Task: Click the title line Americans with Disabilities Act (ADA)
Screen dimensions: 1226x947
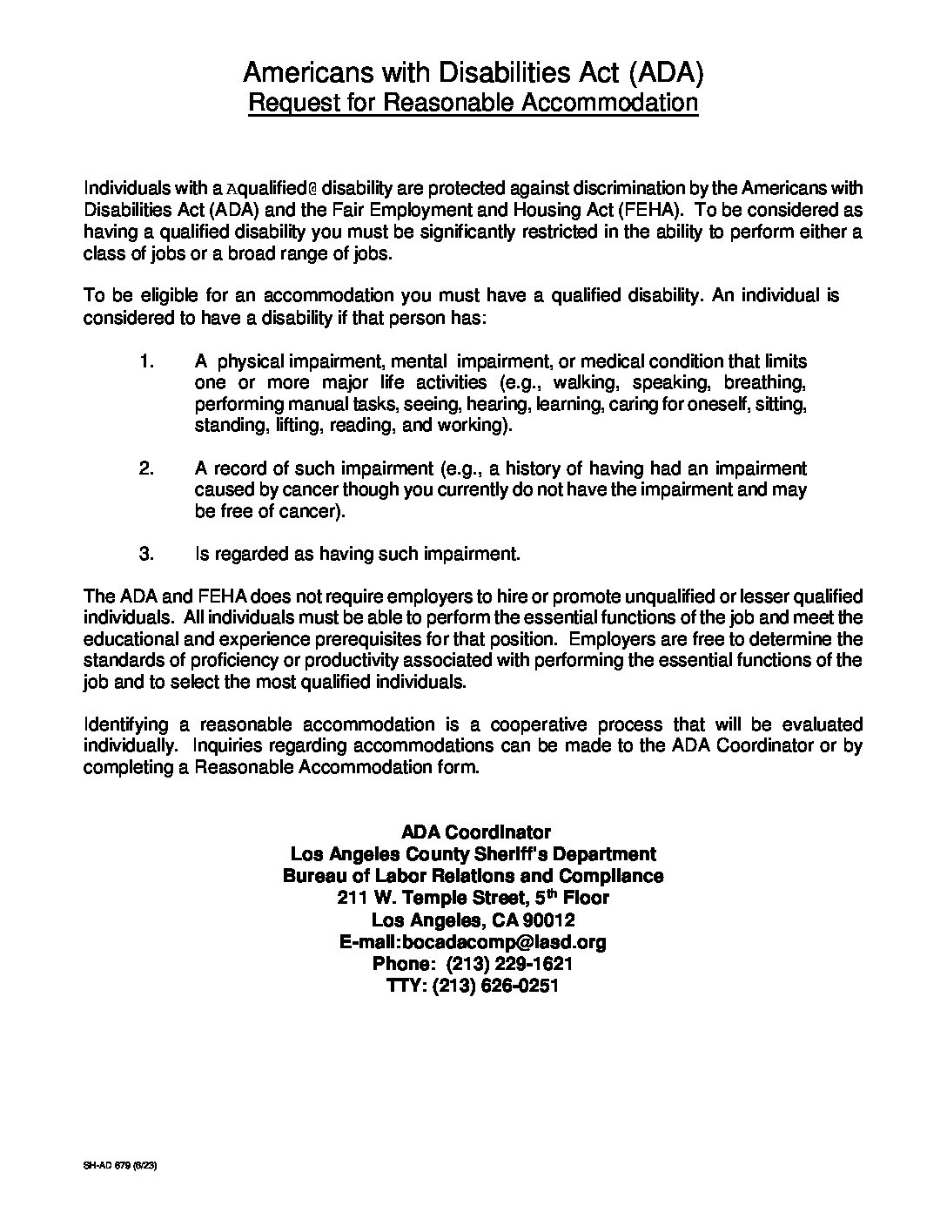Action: (x=473, y=71)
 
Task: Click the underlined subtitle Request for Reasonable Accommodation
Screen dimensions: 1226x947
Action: (x=473, y=103)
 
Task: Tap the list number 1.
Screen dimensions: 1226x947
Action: (x=146, y=361)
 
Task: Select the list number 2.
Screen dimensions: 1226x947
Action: (x=146, y=468)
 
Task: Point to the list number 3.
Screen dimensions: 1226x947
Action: (x=146, y=554)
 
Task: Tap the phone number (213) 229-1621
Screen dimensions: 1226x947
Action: (x=509, y=964)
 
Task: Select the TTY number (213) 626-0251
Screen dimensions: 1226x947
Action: (x=496, y=986)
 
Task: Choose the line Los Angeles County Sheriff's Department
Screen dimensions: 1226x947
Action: (x=473, y=854)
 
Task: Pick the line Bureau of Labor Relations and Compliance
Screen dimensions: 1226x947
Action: (x=473, y=876)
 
